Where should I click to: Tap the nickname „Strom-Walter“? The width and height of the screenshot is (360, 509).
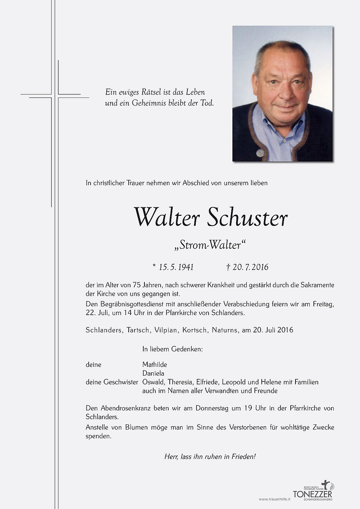pos(210,245)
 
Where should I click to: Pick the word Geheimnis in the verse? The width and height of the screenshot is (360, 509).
pos(148,103)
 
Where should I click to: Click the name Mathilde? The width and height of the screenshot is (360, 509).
pos(154,365)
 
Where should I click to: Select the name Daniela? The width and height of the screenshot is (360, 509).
pos(153,373)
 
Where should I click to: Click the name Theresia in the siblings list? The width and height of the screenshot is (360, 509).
pos(180,382)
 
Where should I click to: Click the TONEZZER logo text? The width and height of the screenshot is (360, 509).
pos(312,494)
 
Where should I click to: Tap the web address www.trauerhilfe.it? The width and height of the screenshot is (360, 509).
pos(274,499)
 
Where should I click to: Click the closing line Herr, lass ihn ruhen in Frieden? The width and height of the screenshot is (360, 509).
pos(210,457)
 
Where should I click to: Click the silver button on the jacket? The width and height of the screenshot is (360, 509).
pos(260,152)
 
